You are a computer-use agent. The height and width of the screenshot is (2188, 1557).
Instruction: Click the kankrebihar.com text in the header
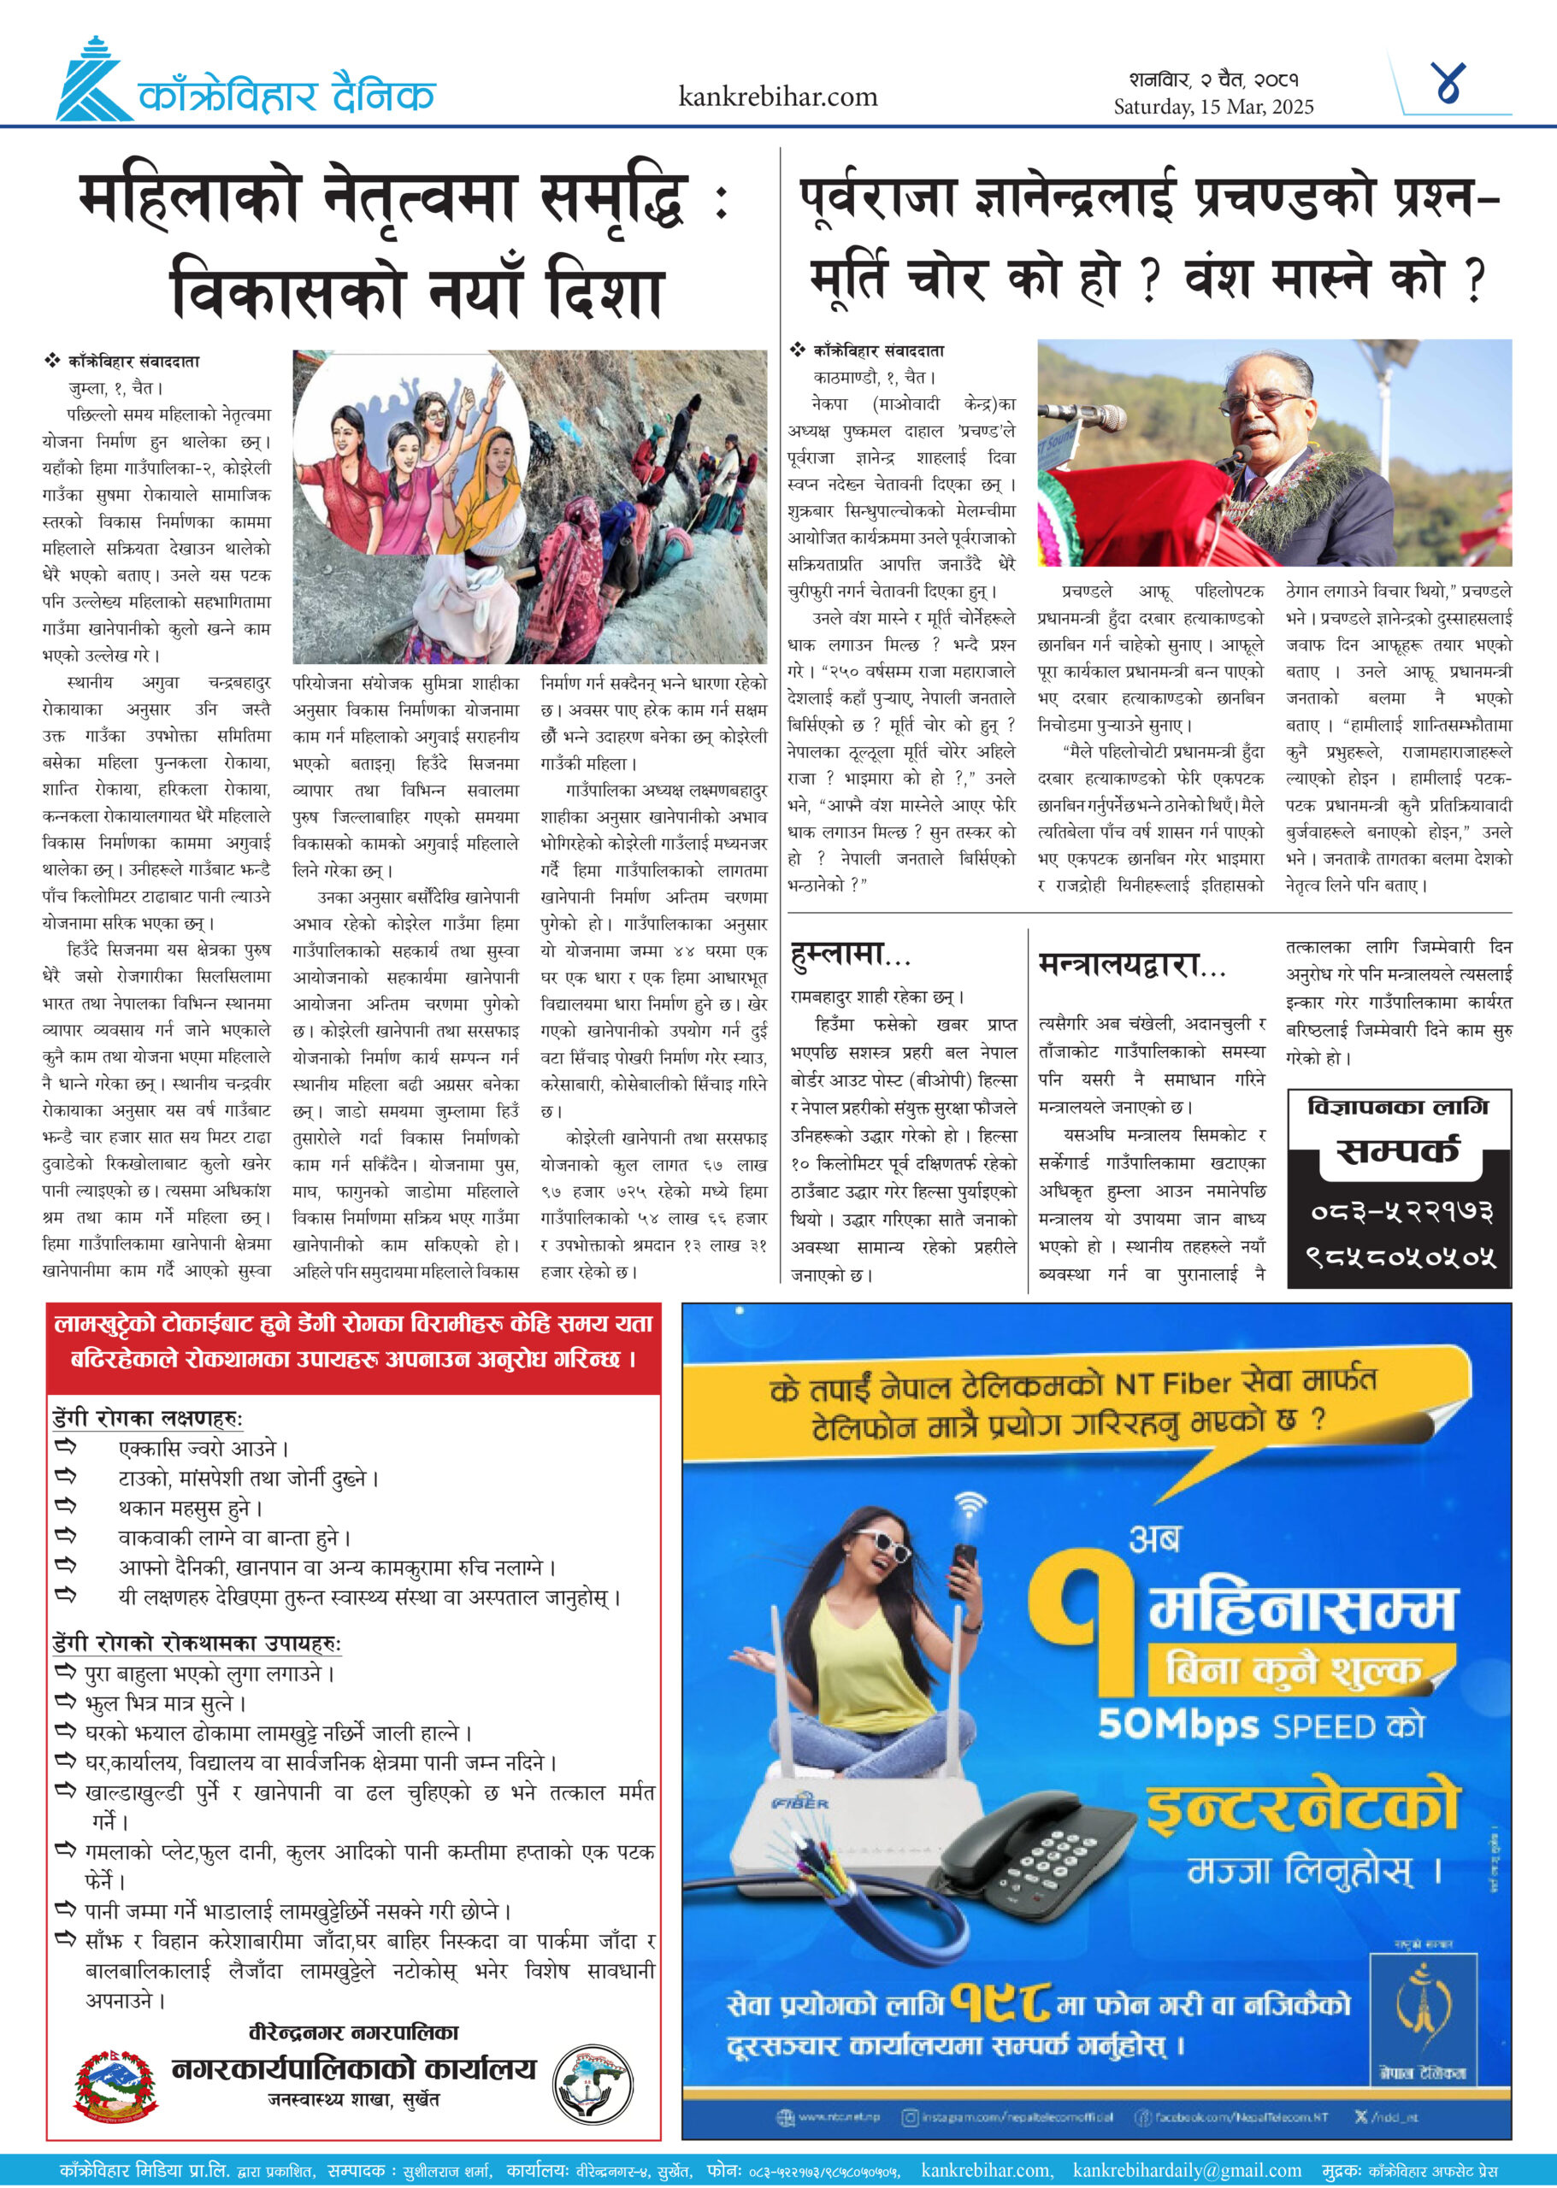(777, 97)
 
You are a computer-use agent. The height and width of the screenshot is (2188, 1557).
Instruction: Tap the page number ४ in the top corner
(1448, 85)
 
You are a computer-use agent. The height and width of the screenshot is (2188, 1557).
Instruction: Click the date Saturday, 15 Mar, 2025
(1212, 106)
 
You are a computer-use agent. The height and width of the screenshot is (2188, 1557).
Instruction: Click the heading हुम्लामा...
(849, 956)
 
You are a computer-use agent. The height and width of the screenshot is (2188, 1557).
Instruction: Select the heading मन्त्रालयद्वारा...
(1131, 965)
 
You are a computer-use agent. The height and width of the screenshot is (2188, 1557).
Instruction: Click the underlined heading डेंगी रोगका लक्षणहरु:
(148, 1419)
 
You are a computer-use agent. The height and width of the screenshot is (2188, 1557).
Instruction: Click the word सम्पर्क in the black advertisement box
(1398, 1150)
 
